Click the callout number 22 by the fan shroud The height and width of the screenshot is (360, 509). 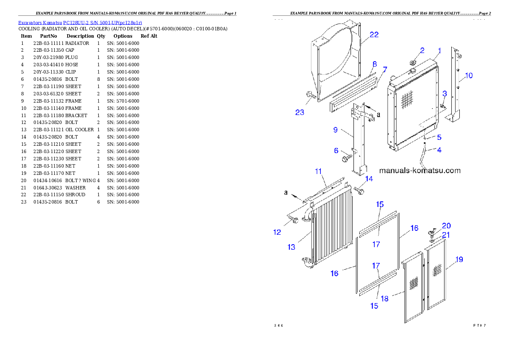tap(374, 35)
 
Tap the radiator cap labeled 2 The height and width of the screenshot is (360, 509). tap(413, 62)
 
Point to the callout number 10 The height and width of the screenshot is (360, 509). tap(469, 76)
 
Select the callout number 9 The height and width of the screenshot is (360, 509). tap(335, 130)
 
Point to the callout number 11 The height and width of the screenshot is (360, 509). tap(318, 171)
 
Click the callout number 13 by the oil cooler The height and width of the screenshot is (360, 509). tap(291, 247)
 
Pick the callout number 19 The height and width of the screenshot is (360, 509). tap(459, 259)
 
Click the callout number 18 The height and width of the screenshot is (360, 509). tap(385, 298)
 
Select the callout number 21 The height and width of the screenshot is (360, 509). tap(446, 235)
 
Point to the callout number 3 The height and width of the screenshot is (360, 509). tap(444, 93)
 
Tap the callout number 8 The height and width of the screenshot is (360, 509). tap(374, 64)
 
